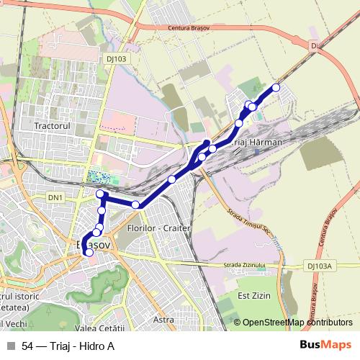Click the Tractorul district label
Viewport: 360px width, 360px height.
pyautogui.click(x=51, y=125)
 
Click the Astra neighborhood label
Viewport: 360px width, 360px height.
pyautogui.click(x=164, y=319)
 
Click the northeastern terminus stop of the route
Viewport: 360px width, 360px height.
pyautogui.click(x=276, y=88)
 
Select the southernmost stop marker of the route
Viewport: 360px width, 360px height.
pyautogui.click(x=89, y=252)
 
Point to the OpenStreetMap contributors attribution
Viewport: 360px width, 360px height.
pyautogui.click(x=296, y=323)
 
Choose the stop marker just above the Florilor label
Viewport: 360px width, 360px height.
pyautogui.click(x=135, y=205)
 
